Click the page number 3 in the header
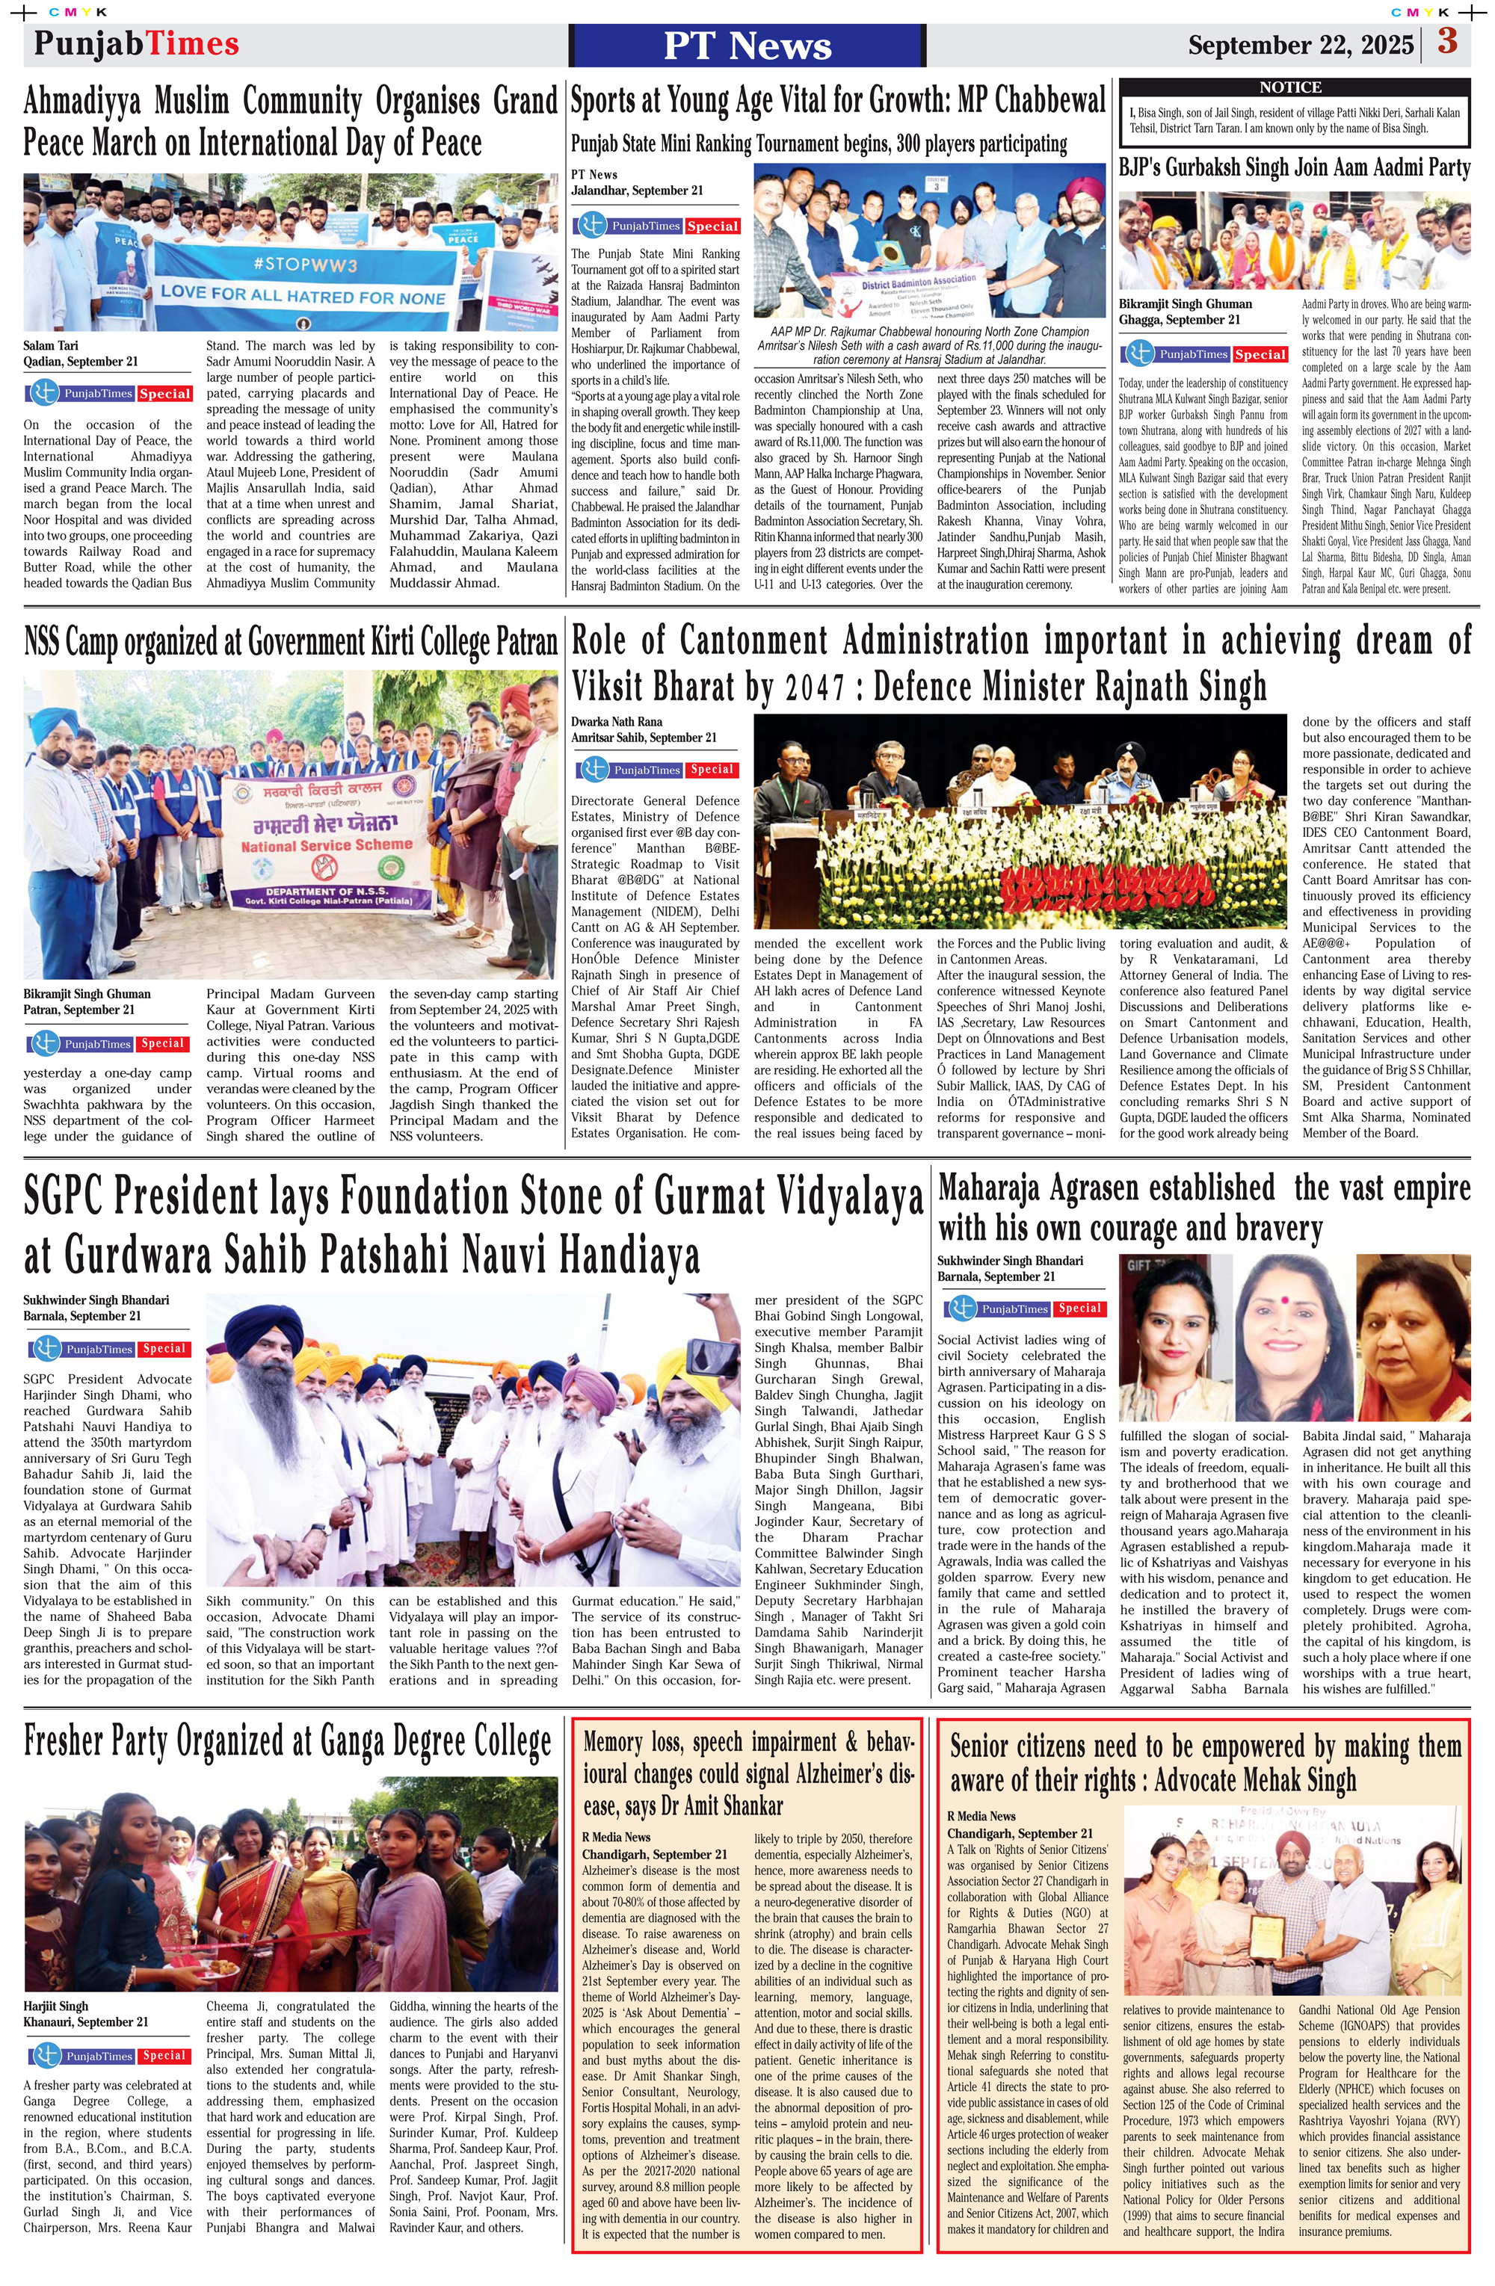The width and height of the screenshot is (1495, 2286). pyautogui.click(x=1447, y=43)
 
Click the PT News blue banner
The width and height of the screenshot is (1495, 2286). pyautogui.click(x=747, y=45)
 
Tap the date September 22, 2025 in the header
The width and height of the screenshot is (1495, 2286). pyautogui.click(x=1300, y=45)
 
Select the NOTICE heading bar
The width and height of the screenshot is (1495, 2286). pyautogui.click(x=1290, y=87)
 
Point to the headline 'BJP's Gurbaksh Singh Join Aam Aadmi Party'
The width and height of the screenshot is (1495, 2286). pyautogui.click(x=1294, y=168)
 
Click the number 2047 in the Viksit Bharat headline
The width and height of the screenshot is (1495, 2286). pyautogui.click(x=816, y=688)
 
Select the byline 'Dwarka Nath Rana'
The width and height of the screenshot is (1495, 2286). pyautogui.click(x=616, y=721)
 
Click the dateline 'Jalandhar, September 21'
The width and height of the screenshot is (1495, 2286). pyautogui.click(x=637, y=190)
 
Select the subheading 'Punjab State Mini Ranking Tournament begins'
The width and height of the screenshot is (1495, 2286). pyautogui.click(x=819, y=144)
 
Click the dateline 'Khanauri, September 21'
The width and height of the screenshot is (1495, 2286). pyautogui.click(x=85, y=2022)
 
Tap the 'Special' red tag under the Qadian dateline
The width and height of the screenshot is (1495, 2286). pyautogui.click(x=164, y=394)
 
